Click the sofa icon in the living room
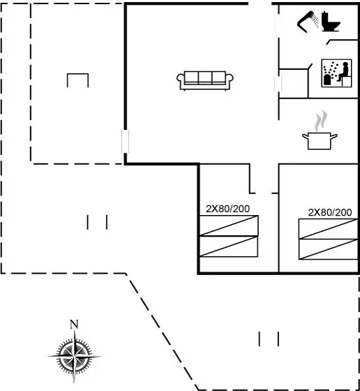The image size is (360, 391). coord(205,80)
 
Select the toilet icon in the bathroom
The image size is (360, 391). coord(331,22)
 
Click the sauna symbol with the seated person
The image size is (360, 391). coord(336,73)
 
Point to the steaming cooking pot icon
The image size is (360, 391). coord(320,141)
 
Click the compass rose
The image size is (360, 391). coord(74,356)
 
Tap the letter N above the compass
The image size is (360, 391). coord(74,325)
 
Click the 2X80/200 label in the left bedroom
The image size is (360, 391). coord(227,209)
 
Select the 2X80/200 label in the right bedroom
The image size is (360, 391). coord(330,212)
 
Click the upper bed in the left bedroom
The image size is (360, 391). coord(229,226)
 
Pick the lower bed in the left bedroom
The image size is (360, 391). coord(229,246)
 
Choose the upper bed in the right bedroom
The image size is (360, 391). coord(329,229)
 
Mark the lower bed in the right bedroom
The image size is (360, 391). coord(329,249)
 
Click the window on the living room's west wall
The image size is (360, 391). coord(125,141)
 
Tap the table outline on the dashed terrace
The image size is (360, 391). coord(77,74)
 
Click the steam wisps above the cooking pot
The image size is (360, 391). coord(321,121)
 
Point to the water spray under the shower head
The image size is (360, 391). coord(315,20)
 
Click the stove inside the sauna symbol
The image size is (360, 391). coord(327,80)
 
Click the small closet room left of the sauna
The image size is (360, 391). coord(294,83)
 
